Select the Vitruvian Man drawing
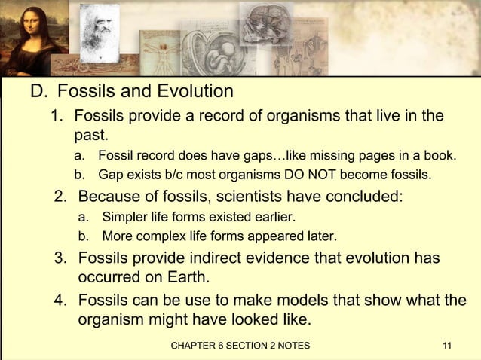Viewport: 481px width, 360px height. pos(158,56)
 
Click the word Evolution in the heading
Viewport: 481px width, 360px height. pos(195,93)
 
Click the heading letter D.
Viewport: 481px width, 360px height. pos(36,93)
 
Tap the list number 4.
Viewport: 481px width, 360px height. pos(60,301)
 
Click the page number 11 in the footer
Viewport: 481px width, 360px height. pos(447,346)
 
